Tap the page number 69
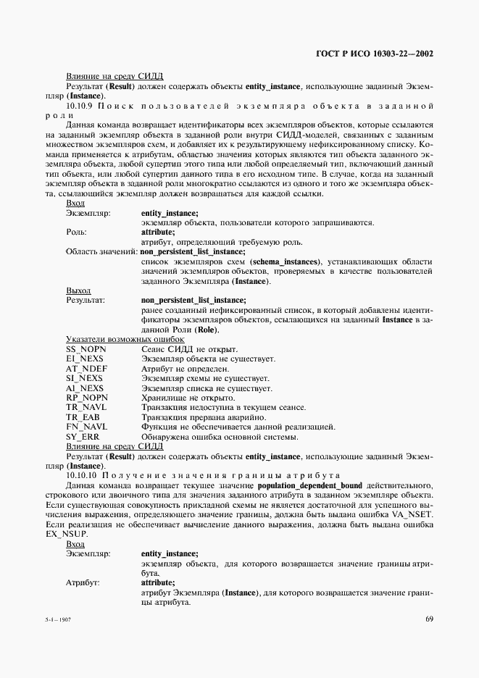point(429,618)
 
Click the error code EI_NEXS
point(84,359)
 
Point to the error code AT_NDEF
point(85,368)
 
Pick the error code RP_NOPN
point(86,398)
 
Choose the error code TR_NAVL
point(86,407)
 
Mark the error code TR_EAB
point(83,417)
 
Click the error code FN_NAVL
point(86,427)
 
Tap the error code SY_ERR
point(82,437)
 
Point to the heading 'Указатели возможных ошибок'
point(125,339)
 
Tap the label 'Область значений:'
point(101,251)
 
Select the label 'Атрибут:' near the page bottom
point(83,582)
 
